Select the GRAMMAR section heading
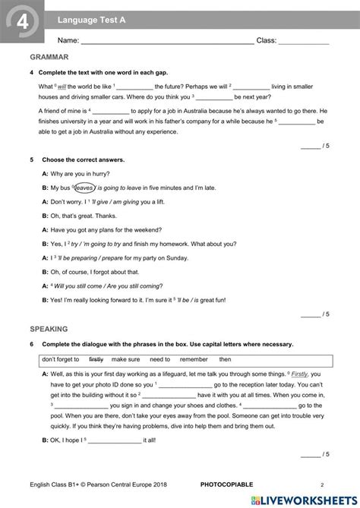click(49, 57)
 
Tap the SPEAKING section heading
click(49, 329)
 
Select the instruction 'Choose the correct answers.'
click(83, 160)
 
